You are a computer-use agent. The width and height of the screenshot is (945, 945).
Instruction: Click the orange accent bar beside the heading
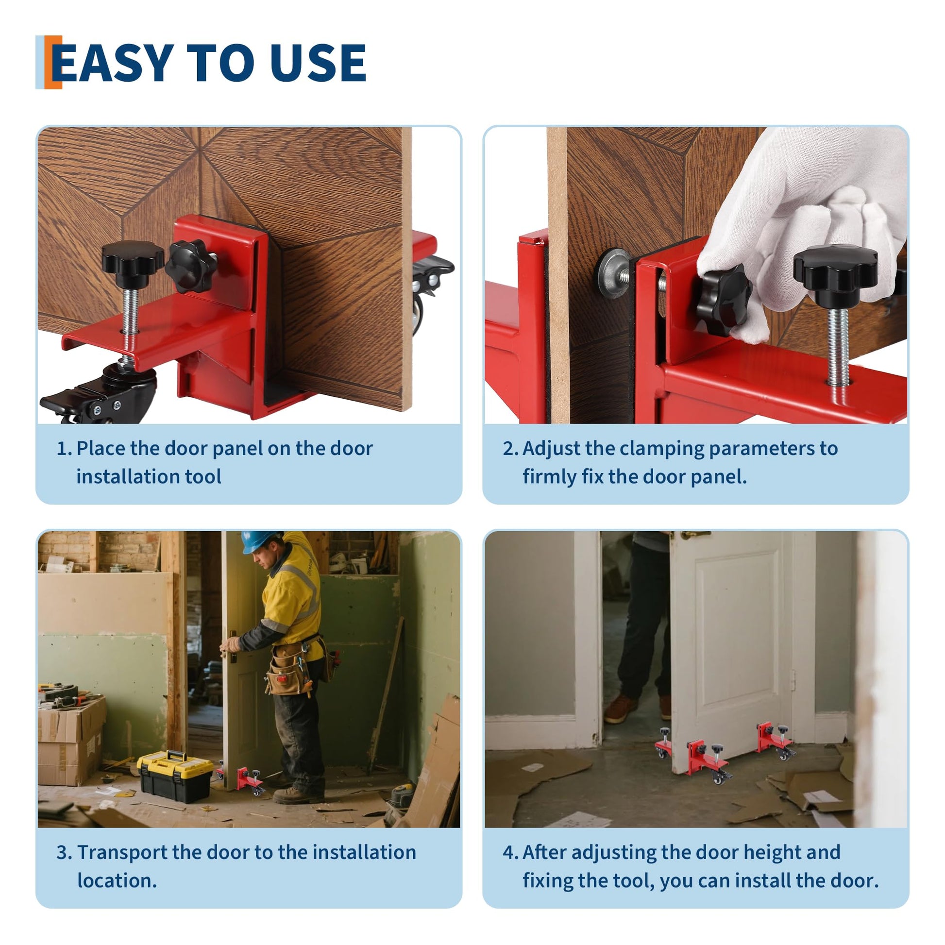coord(53,62)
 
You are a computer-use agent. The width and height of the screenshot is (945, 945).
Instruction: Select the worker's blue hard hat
coord(261,541)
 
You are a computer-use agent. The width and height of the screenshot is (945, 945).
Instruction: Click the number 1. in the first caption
coord(65,449)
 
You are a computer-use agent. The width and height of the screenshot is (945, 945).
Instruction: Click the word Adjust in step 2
coord(551,449)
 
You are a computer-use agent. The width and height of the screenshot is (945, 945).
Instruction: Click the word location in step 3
coord(117,881)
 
